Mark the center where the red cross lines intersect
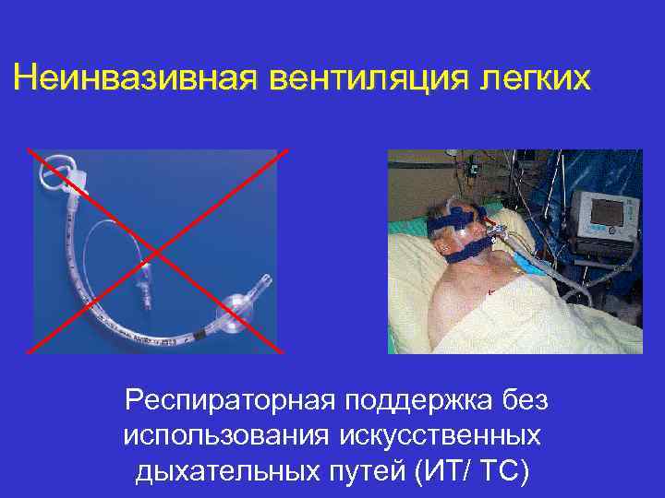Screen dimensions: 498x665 click(154, 251)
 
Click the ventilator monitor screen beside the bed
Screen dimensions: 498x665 click(607, 211)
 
